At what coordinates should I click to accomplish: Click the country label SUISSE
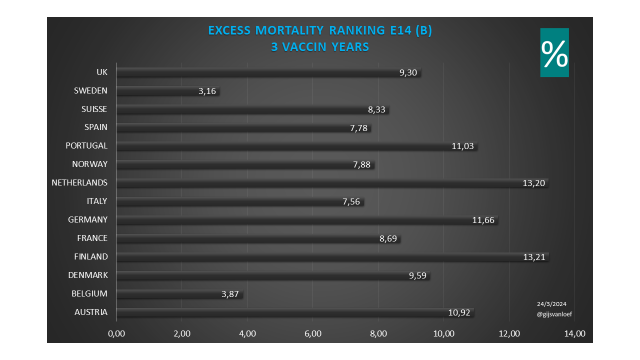(x=94, y=109)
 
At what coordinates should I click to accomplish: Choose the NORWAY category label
(x=89, y=164)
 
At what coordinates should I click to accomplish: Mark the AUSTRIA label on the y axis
(x=90, y=312)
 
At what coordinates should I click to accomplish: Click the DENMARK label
(x=87, y=275)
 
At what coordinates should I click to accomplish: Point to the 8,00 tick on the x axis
(x=378, y=334)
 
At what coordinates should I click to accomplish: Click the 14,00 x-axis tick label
(x=574, y=334)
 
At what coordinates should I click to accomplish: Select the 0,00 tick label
(x=116, y=334)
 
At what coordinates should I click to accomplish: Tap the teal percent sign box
(x=554, y=52)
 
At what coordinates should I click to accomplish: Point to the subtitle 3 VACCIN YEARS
(x=320, y=47)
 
